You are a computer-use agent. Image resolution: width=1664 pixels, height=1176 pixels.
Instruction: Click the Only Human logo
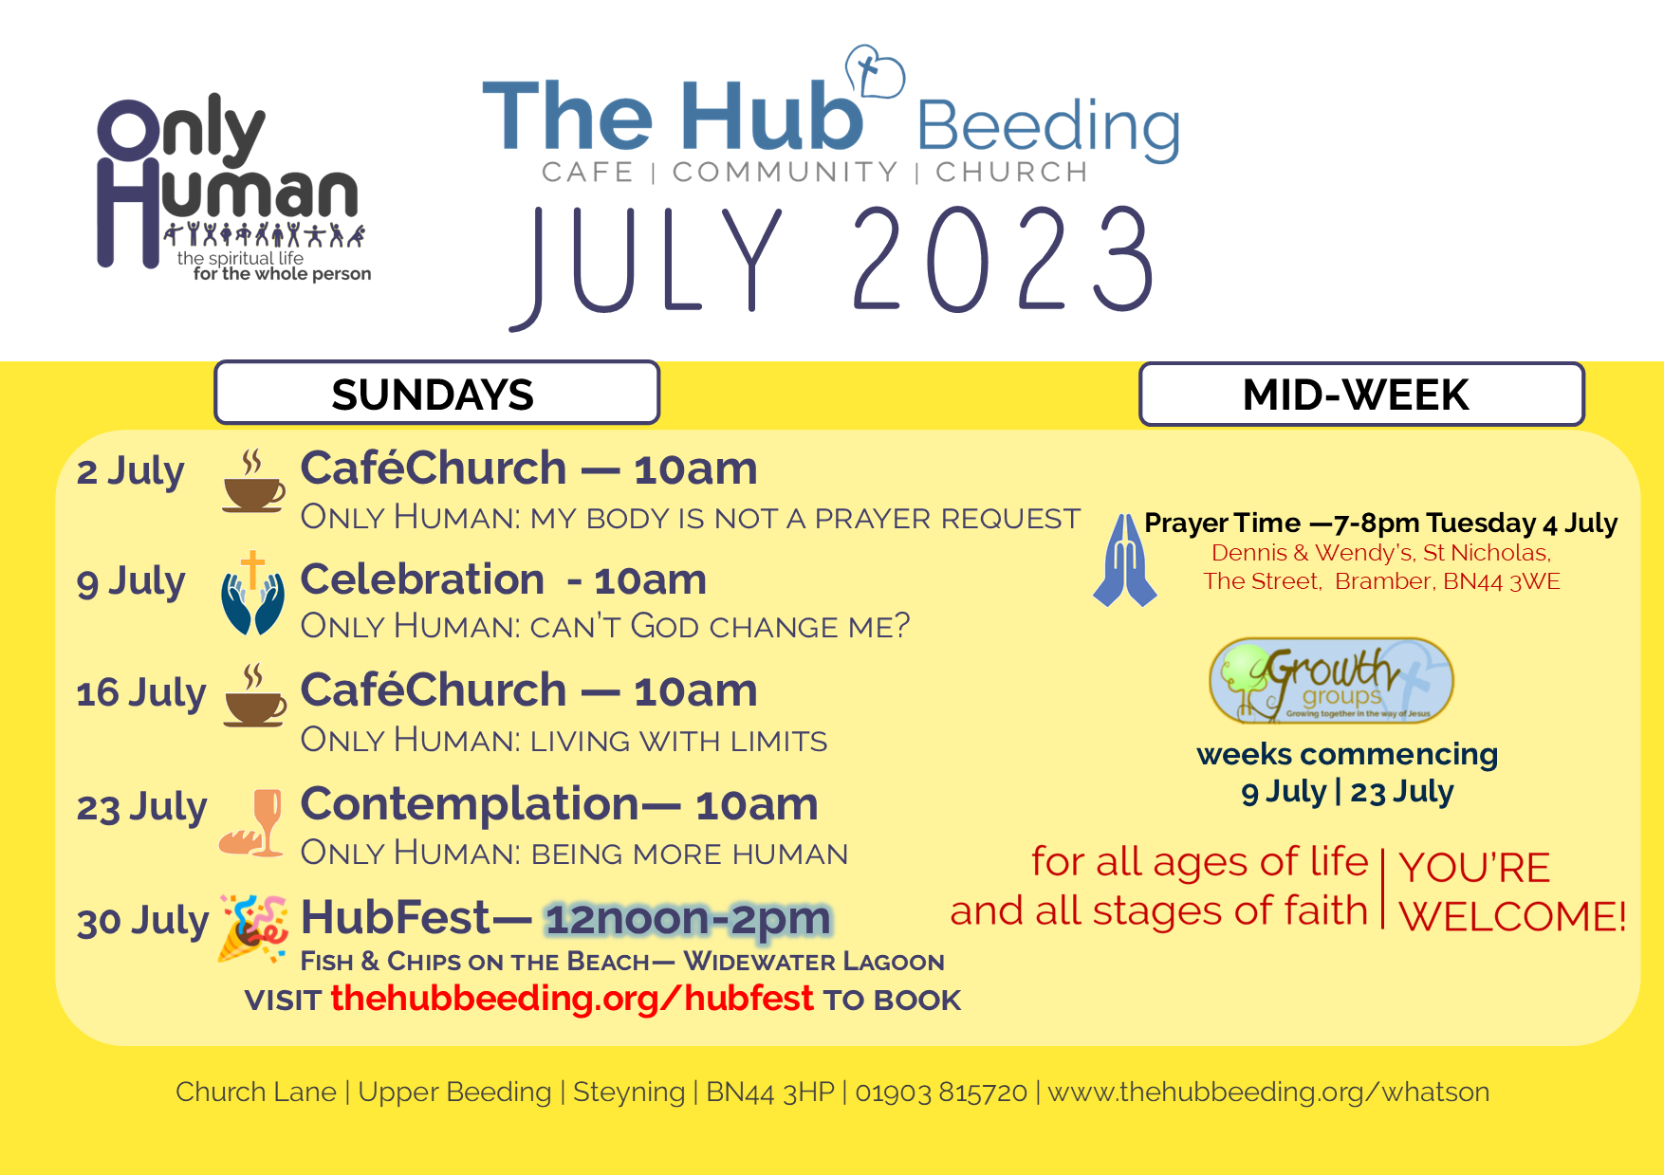point(233,188)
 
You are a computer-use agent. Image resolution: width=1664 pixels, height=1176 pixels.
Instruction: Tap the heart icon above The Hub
point(874,70)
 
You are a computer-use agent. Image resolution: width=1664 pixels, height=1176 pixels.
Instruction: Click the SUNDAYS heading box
point(436,393)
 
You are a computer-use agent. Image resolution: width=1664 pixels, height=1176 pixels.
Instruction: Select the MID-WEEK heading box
point(1361,394)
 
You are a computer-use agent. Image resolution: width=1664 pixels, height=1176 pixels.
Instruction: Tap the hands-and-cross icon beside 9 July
point(252,593)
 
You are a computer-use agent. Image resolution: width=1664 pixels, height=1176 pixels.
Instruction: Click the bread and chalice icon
point(252,822)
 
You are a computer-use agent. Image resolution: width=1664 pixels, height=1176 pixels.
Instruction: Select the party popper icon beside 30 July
point(253,928)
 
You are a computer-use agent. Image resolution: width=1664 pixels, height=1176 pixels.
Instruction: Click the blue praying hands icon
point(1125,560)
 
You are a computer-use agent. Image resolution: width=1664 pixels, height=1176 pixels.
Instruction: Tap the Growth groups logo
point(1331,680)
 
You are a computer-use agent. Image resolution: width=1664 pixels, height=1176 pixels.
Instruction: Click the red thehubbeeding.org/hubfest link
point(572,998)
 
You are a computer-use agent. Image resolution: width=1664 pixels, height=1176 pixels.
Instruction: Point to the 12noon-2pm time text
point(688,918)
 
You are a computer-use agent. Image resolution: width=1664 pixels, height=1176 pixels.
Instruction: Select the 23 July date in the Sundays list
point(141,808)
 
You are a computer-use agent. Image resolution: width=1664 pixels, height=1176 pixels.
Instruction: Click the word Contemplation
point(470,804)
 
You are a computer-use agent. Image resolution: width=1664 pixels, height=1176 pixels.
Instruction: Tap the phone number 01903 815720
point(941,1092)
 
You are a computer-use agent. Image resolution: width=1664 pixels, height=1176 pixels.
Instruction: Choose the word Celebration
point(422,579)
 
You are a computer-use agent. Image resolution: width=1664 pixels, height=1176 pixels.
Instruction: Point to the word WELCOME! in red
point(1512,916)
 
